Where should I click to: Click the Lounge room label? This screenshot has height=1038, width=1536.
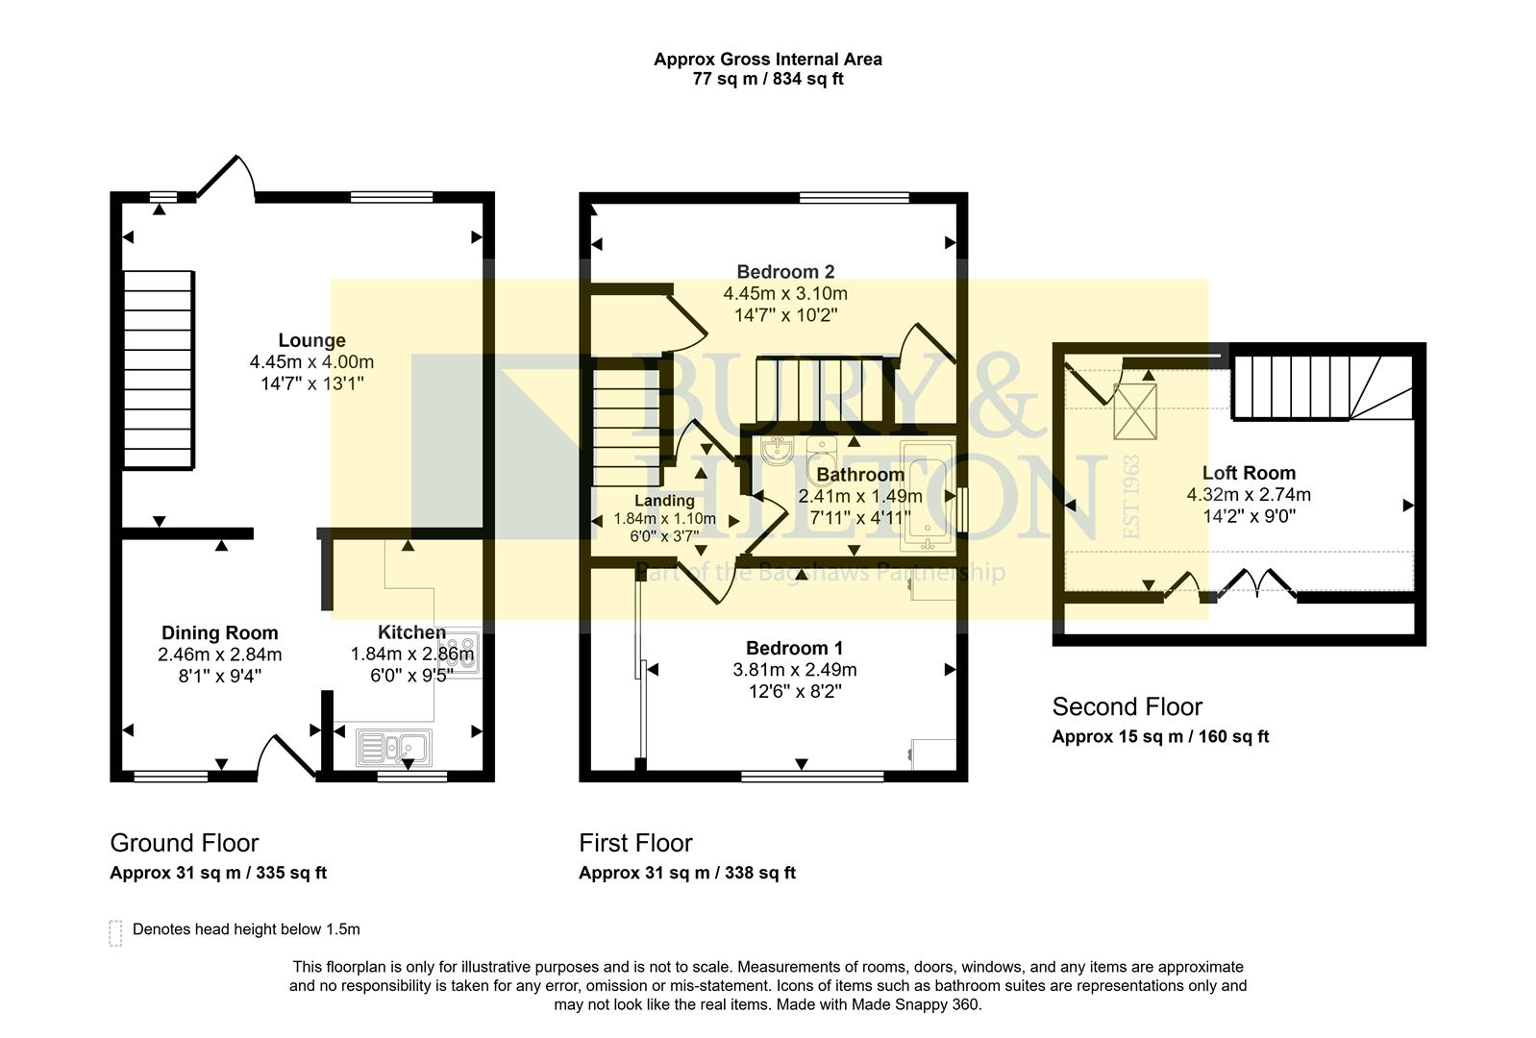[311, 340]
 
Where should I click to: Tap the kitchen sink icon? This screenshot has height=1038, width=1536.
[394, 748]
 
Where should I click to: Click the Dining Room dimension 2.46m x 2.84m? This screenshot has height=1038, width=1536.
[220, 655]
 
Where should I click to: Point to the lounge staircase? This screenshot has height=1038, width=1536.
[159, 369]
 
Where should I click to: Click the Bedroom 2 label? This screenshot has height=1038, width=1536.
[785, 272]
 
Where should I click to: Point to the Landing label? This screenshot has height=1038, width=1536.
[664, 501]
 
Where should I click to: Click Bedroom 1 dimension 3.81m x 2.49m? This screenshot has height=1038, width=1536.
[795, 670]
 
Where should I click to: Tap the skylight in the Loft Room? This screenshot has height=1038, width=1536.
[1135, 410]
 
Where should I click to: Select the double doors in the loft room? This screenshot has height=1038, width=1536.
[1256, 582]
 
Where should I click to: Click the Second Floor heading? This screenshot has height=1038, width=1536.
[1127, 707]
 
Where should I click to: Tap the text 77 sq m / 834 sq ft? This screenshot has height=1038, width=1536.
[767, 79]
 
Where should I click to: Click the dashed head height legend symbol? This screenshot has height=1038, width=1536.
[115, 932]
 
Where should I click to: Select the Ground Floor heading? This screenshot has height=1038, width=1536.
[185, 843]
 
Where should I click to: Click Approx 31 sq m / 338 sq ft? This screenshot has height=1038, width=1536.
[687, 873]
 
